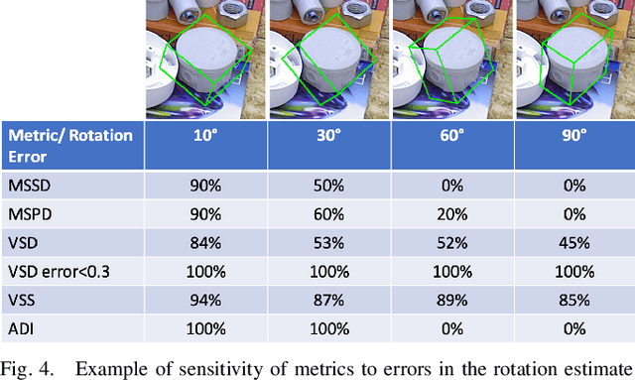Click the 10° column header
coord(206,135)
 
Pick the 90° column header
coord(573,135)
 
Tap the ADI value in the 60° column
coord(452,327)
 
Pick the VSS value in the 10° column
coord(206,300)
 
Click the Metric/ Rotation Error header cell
coord(69,144)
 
